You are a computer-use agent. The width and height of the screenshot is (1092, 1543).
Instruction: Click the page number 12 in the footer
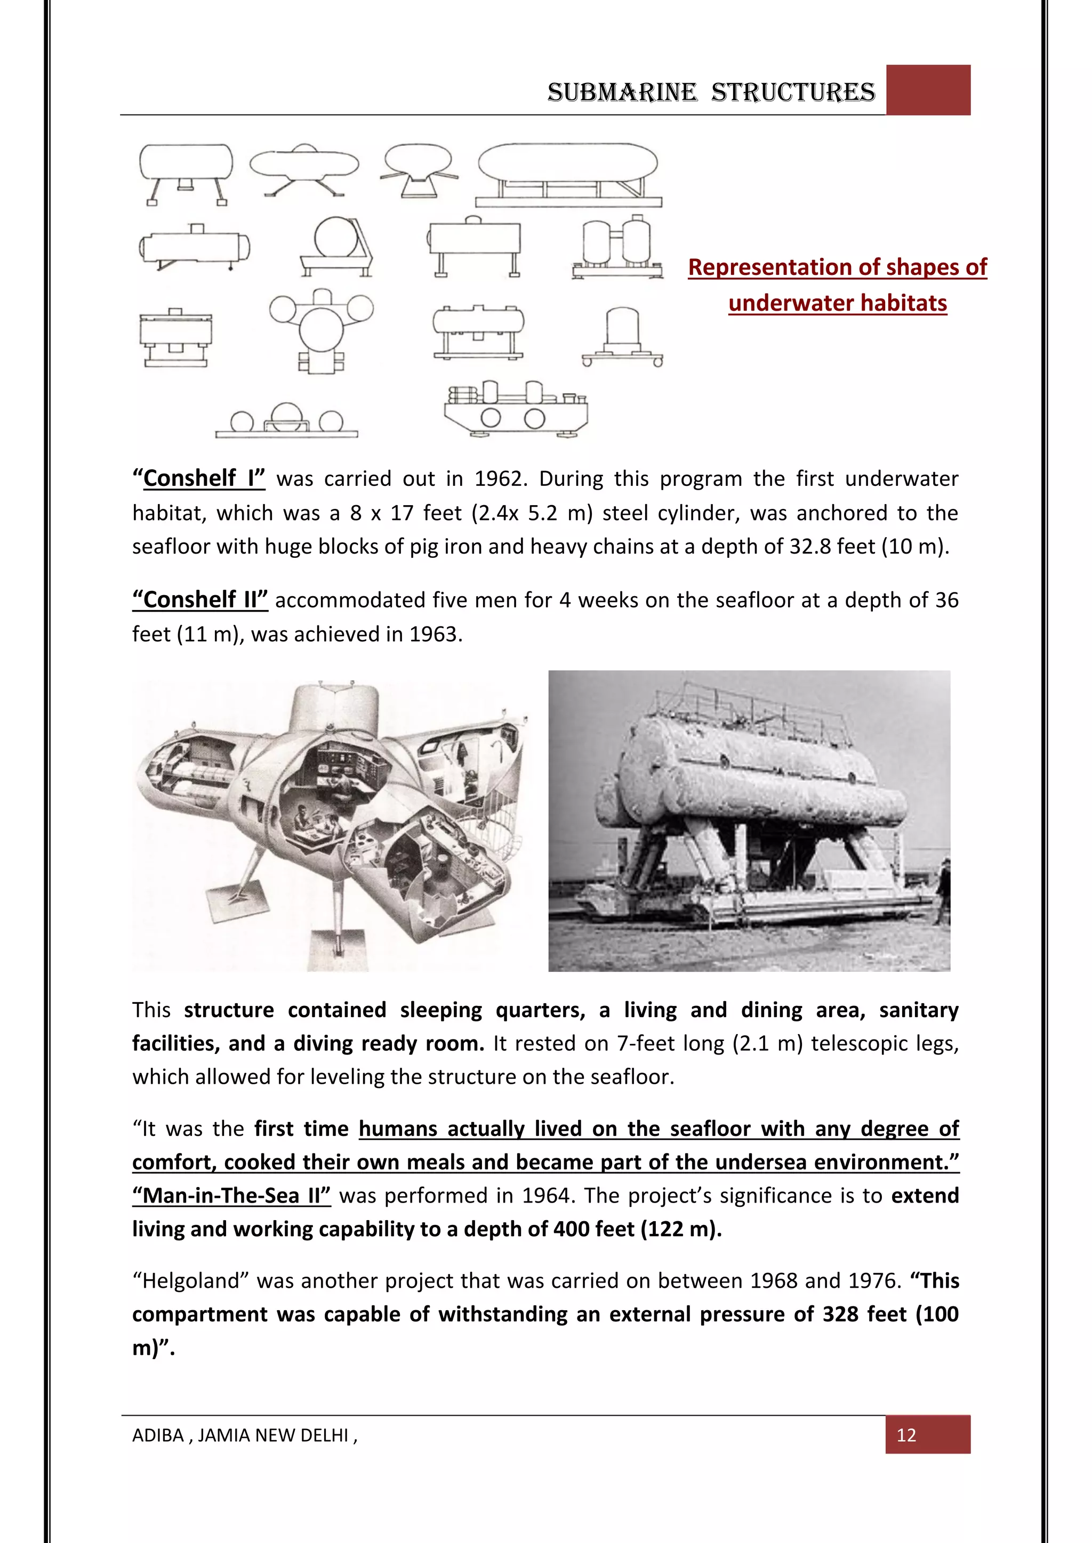[906, 1435]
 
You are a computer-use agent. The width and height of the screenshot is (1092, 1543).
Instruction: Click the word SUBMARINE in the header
[622, 92]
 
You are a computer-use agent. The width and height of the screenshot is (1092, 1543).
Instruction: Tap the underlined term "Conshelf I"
[199, 478]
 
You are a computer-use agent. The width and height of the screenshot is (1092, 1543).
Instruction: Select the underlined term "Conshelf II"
[200, 599]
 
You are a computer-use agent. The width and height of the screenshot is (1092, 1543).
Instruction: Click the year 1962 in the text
[498, 478]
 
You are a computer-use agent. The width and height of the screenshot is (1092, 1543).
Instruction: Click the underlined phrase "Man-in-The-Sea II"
[231, 1196]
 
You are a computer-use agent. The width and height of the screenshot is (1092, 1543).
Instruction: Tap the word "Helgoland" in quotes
[191, 1280]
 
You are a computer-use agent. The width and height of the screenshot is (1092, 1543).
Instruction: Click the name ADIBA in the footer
[157, 1435]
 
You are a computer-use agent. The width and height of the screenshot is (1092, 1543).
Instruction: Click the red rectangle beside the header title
[928, 90]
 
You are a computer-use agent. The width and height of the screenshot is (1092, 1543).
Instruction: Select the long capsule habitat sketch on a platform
[568, 173]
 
